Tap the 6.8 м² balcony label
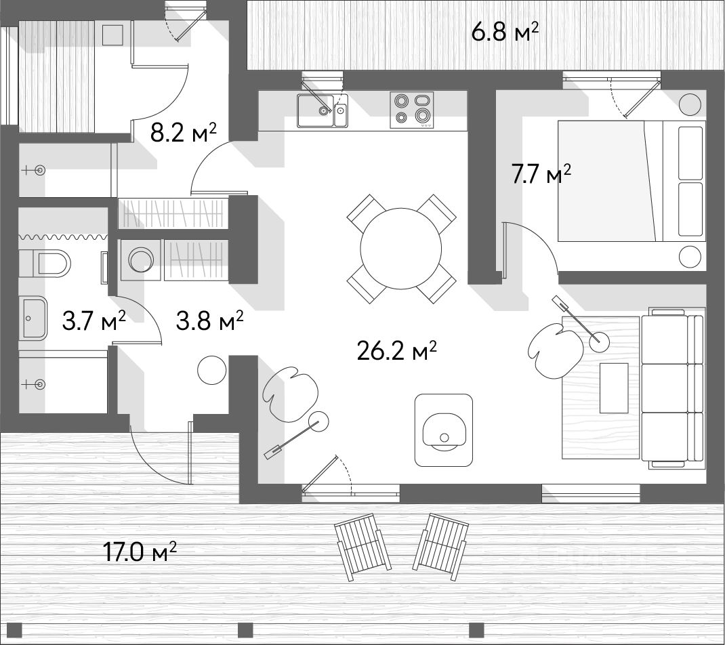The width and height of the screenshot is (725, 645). point(505,33)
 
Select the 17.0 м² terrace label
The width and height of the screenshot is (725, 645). point(140,552)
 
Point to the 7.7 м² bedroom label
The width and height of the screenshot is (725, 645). point(541,175)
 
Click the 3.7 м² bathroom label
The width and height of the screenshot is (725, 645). point(94,321)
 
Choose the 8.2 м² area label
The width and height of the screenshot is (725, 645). point(184,133)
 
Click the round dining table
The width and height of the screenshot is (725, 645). point(401,248)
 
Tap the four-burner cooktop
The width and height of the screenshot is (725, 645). point(412,110)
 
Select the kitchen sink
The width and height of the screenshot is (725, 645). point(322,110)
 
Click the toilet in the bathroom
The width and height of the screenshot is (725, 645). point(45,264)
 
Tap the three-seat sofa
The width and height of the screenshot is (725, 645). point(674,388)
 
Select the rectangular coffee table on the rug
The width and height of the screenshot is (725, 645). point(614,388)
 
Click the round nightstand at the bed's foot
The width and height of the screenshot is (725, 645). point(691,257)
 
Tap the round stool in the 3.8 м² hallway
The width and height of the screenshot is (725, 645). point(212,369)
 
